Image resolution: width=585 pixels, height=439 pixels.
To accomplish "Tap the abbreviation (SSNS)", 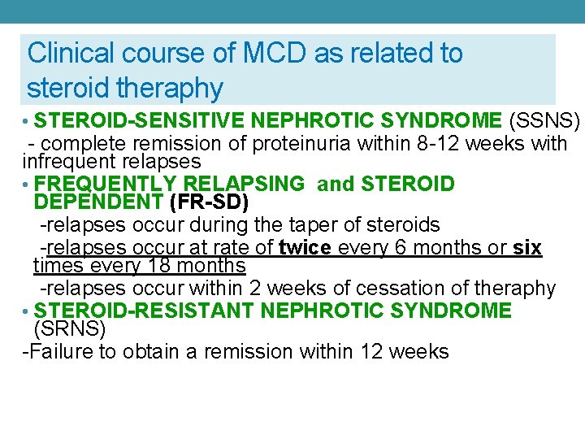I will (x=544, y=122).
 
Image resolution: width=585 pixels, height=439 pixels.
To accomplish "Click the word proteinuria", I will (x=297, y=145).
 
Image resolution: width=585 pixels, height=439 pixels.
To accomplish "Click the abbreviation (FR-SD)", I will (x=209, y=202).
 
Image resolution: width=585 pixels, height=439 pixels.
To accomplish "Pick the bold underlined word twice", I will (x=305, y=248).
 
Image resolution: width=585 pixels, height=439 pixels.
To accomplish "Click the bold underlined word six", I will (x=527, y=248).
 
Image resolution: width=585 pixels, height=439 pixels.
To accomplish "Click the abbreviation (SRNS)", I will (x=70, y=328).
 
